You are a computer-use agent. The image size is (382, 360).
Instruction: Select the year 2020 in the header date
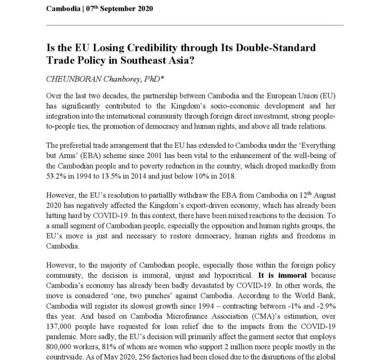[144, 9]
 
